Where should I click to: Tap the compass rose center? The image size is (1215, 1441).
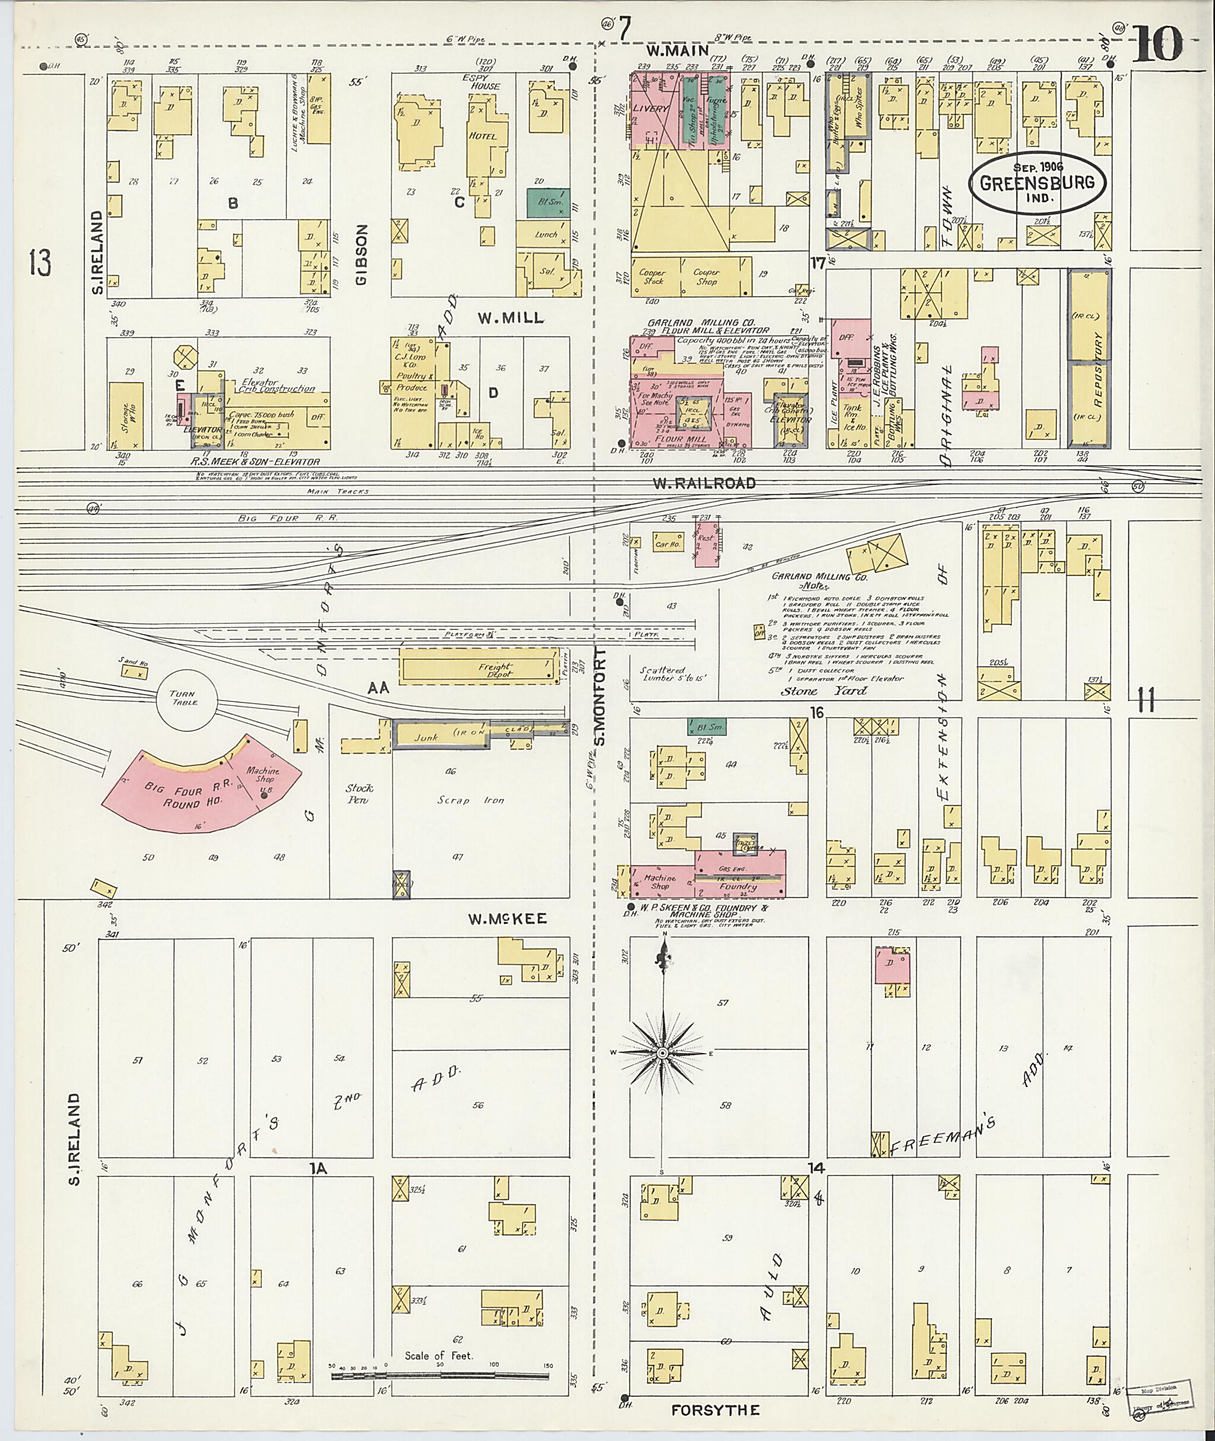click(x=662, y=1053)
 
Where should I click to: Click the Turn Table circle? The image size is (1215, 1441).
click(x=185, y=698)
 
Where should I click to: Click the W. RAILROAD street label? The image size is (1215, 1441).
click(x=704, y=483)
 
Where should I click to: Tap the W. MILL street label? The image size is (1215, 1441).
click(x=511, y=318)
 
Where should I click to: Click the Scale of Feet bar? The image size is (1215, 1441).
click(x=441, y=1376)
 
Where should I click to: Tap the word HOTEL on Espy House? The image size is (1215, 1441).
click(x=483, y=136)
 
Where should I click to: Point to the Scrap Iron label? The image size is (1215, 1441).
click(x=462, y=800)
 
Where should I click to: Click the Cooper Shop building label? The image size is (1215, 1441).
click(x=706, y=277)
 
